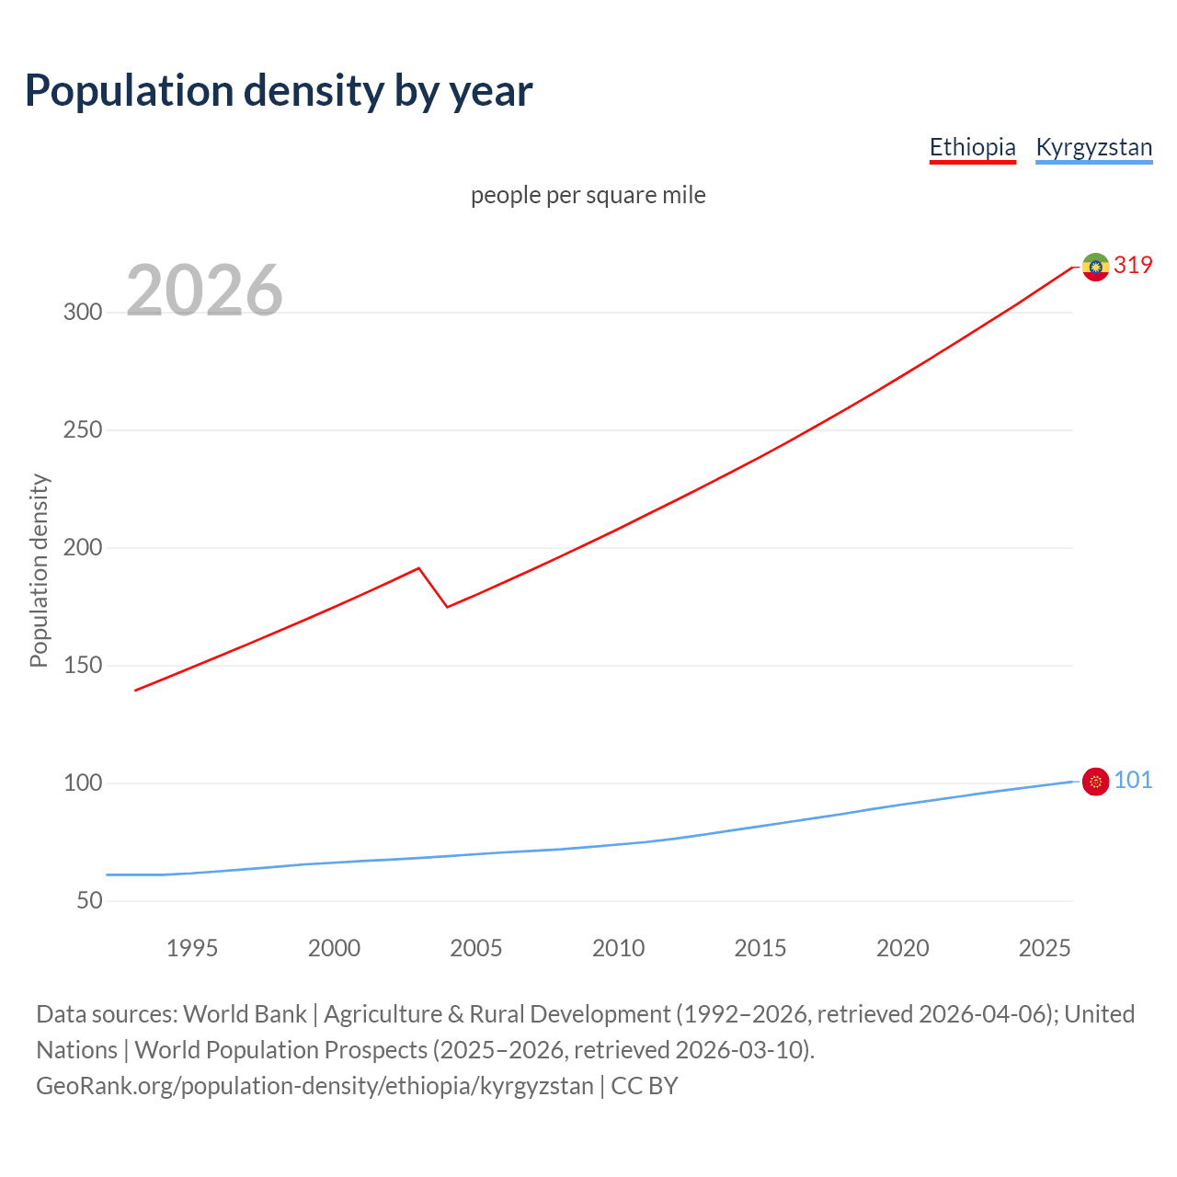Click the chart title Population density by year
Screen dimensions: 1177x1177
[x=279, y=91]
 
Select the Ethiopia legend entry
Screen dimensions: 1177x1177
[x=972, y=147]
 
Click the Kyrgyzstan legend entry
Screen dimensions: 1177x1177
[x=1093, y=147]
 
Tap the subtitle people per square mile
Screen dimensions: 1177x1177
[x=588, y=195]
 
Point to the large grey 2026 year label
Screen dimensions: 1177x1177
[x=204, y=291]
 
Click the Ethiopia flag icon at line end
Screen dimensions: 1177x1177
[x=1095, y=267]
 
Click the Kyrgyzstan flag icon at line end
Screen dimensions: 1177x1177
[x=1095, y=782]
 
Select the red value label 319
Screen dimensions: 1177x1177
[x=1133, y=265]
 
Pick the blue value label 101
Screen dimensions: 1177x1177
[x=1133, y=780]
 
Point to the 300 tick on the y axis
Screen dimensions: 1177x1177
[x=83, y=312]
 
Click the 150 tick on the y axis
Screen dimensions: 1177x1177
[x=83, y=665]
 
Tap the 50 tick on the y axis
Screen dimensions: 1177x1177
[x=89, y=900]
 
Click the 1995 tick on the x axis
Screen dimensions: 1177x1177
[x=192, y=948]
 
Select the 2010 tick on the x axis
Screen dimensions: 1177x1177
[x=618, y=948]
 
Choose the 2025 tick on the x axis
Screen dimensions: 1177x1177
[x=1045, y=948]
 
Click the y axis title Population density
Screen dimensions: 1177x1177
[x=39, y=570]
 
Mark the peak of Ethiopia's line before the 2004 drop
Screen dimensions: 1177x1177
[x=419, y=568]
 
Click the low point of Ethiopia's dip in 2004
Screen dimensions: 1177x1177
[x=447, y=607]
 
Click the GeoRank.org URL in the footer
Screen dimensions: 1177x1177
[x=314, y=1086]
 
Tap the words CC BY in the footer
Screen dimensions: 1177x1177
[x=645, y=1086]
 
